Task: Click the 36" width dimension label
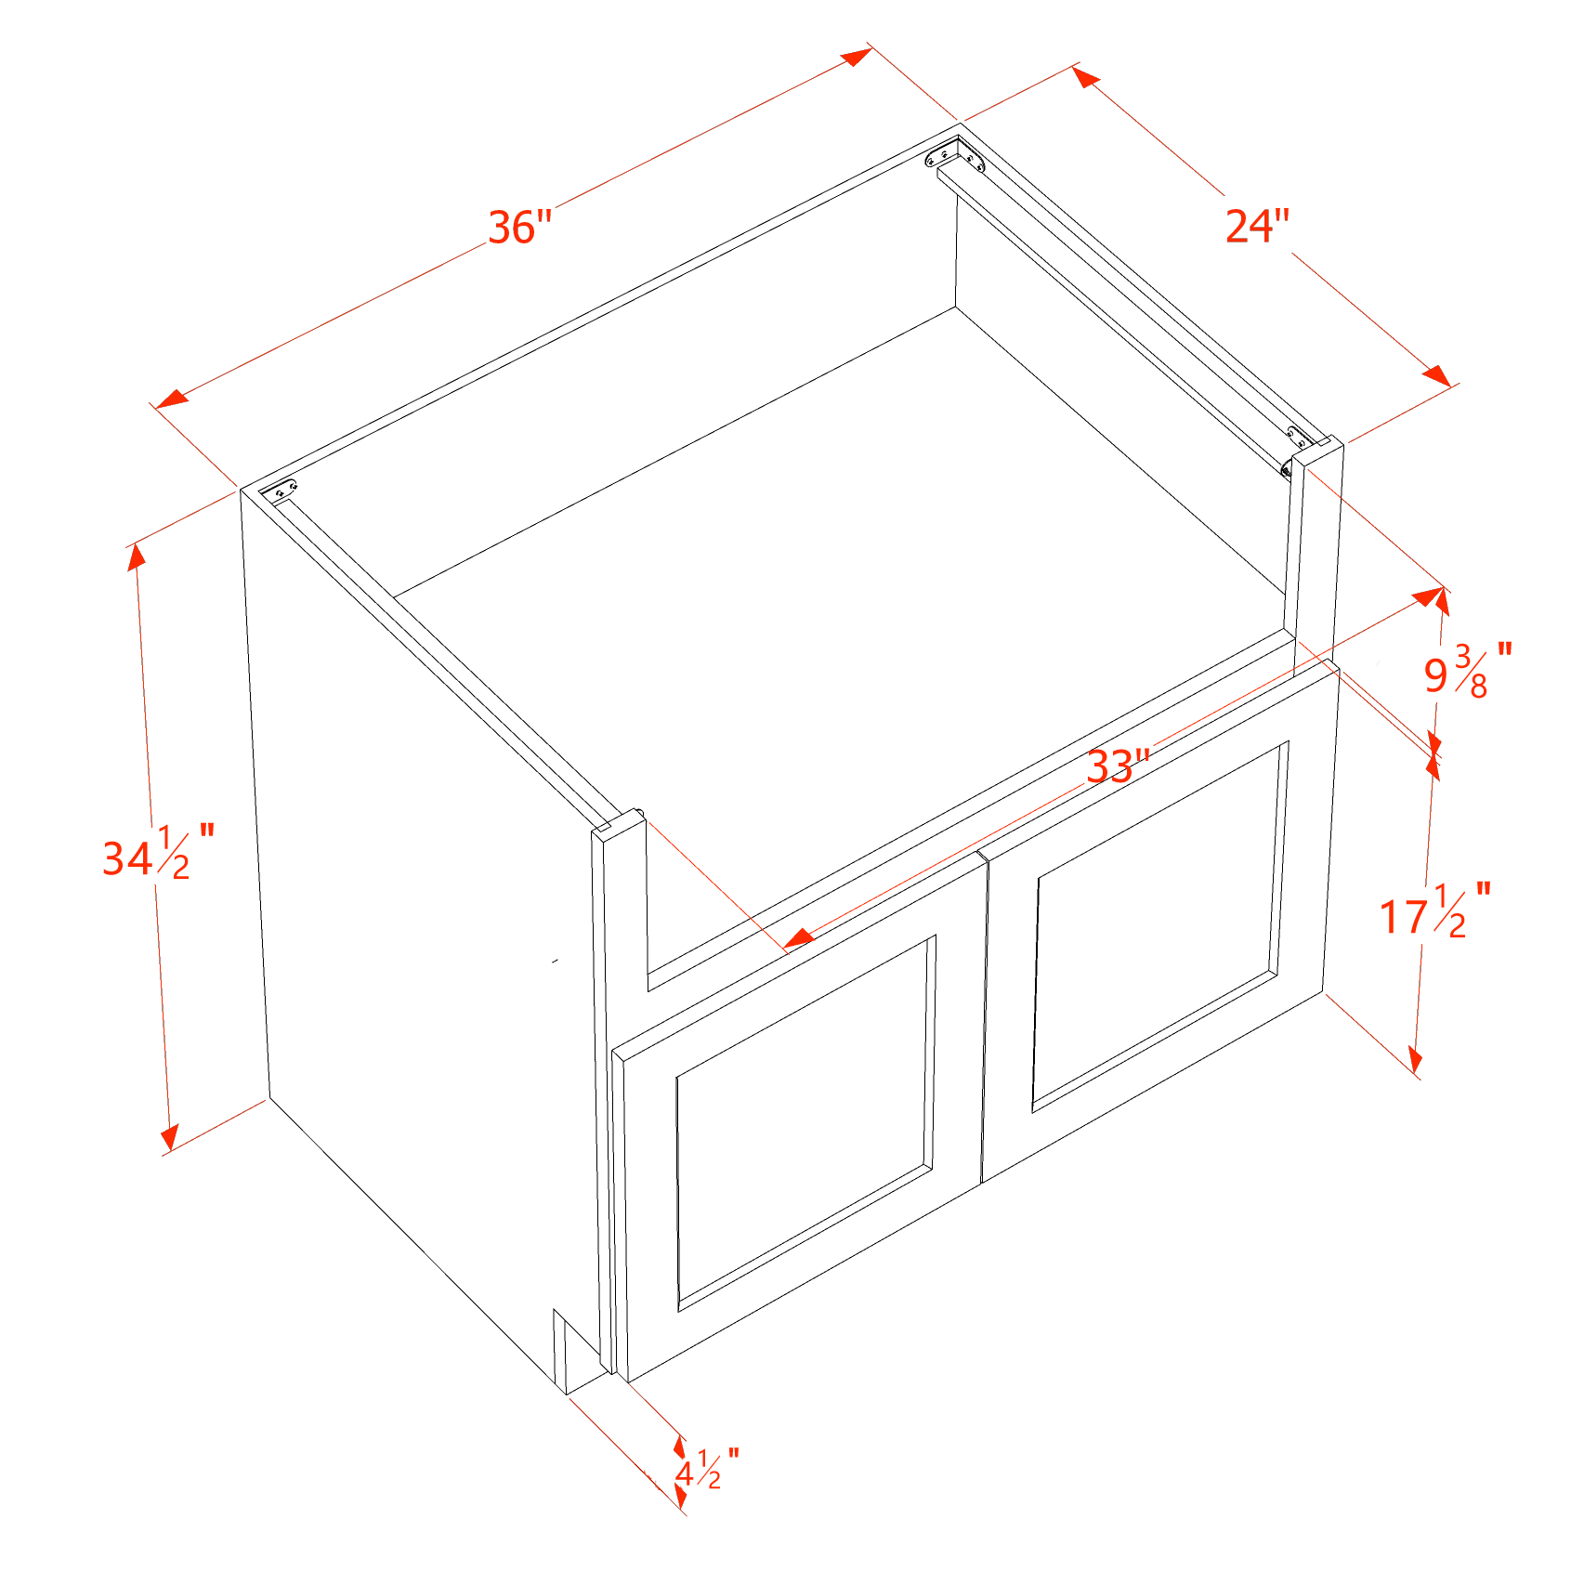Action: pos(520,228)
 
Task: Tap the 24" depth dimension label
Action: pos(1258,226)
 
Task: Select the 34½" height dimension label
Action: pos(159,852)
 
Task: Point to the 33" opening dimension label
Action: pos(1119,766)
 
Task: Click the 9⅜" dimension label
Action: pos(1469,670)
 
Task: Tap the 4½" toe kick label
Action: pos(707,1470)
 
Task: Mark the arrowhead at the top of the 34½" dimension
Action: pos(137,556)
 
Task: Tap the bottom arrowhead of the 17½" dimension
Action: pos(1415,1060)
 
